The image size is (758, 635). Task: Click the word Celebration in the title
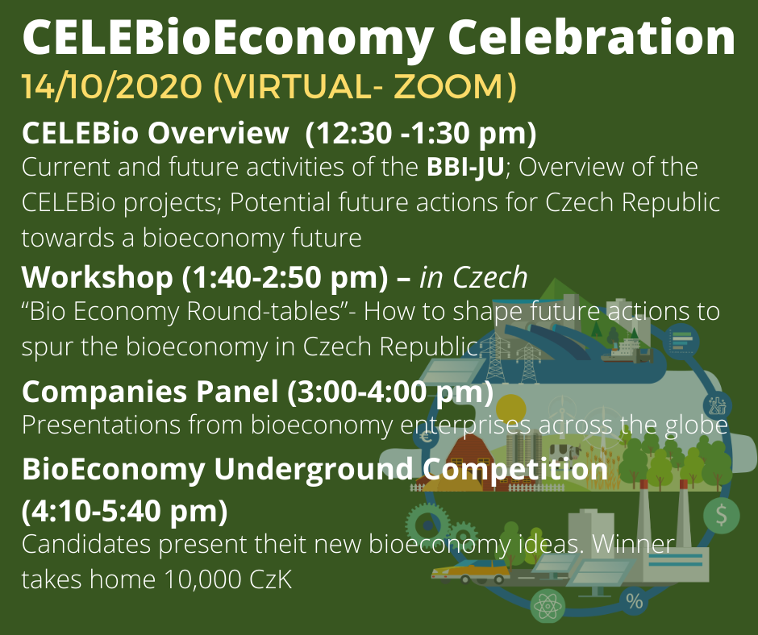point(591,38)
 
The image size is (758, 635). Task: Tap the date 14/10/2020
point(111,87)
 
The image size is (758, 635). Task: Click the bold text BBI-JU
point(465,167)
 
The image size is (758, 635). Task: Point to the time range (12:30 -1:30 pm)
point(421,133)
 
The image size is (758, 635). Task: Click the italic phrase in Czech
point(473,278)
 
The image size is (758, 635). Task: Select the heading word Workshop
point(97,279)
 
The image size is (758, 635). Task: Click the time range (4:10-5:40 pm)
point(125,510)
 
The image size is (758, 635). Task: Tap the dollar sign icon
point(721,515)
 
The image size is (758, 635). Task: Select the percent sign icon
point(635,601)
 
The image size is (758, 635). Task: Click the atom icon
point(548,605)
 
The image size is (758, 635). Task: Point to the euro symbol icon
point(426,438)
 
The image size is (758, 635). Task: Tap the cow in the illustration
point(564,452)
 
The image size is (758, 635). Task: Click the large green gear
point(427,525)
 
